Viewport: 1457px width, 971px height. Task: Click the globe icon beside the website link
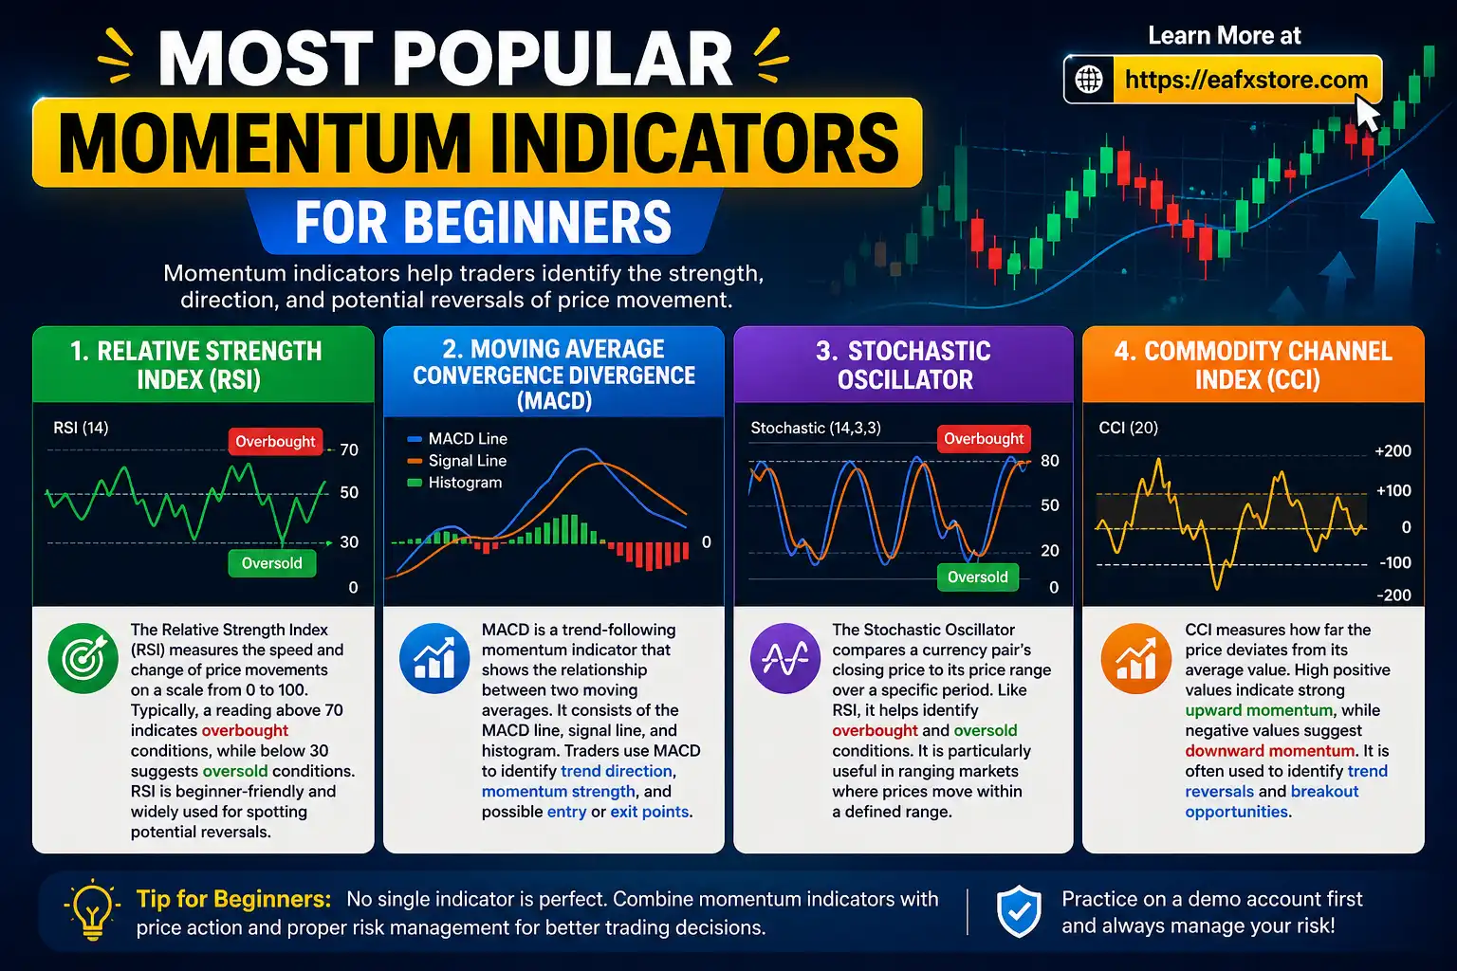[x=1089, y=80]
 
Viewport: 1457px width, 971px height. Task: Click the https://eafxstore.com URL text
[x=1246, y=80]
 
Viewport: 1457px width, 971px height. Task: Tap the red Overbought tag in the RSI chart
[x=275, y=441]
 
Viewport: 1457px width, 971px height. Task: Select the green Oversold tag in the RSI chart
[x=271, y=563]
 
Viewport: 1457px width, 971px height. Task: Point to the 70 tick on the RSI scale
[x=349, y=449]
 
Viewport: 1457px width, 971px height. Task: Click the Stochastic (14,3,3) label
[x=816, y=428]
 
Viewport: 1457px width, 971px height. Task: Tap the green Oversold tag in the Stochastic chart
[x=977, y=577]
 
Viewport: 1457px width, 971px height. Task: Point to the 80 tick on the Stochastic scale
[x=1049, y=461]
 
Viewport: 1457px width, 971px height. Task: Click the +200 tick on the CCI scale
[x=1392, y=451]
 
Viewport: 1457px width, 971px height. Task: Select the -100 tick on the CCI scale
[x=1394, y=562]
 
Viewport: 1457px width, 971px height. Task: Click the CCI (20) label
[x=1128, y=428]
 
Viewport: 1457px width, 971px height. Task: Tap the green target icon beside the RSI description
[x=83, y=658]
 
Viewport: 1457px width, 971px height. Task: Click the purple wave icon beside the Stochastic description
[x=785, y=658]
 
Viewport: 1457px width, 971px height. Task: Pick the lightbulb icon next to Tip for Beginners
[x=92, y=910]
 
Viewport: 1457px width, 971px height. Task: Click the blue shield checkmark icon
[x=1019, y=911]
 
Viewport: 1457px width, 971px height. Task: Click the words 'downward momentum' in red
[x=1270, y=751]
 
